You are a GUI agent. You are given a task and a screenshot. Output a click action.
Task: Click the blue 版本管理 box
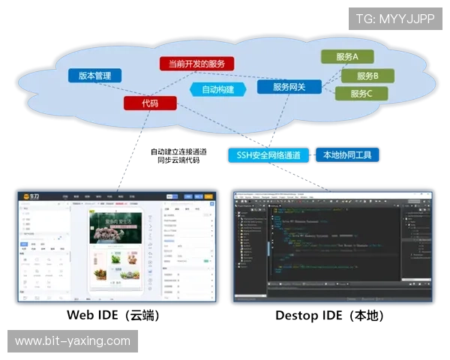[94, 76]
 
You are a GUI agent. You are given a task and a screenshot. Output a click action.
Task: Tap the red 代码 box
[150, 103]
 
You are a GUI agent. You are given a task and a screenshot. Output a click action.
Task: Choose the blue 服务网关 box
[289, 87]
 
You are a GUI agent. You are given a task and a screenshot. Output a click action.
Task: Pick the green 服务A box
[346, 57]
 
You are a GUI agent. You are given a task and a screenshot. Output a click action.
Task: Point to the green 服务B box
[367, 76]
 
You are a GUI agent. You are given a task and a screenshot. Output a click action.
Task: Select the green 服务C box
[356, 94]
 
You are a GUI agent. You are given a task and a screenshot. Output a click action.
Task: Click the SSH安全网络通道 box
[268, 155]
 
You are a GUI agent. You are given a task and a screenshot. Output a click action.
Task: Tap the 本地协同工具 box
[346, 155]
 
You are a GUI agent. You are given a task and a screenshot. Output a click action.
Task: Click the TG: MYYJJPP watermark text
[394, 18]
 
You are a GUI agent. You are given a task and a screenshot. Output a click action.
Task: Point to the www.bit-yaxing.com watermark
[72, 341]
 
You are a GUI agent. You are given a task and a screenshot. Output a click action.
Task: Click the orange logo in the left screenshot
[31, 197]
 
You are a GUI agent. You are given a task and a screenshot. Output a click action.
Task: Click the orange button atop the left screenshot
[172, 197]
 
